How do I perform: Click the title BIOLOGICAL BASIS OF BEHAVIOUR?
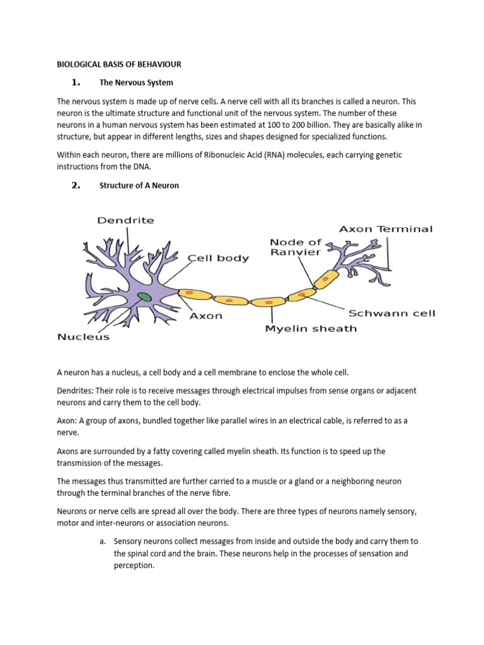119,64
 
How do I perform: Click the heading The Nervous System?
136,83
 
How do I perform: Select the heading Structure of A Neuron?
139,185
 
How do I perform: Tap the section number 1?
76,83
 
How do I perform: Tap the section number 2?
76,185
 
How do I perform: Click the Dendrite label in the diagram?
126,220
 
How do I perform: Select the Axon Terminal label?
386,229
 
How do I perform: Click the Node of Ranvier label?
296,247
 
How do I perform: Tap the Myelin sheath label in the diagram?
311,328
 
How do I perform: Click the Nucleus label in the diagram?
83,336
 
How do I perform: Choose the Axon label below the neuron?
206,316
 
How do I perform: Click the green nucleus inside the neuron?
144,296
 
